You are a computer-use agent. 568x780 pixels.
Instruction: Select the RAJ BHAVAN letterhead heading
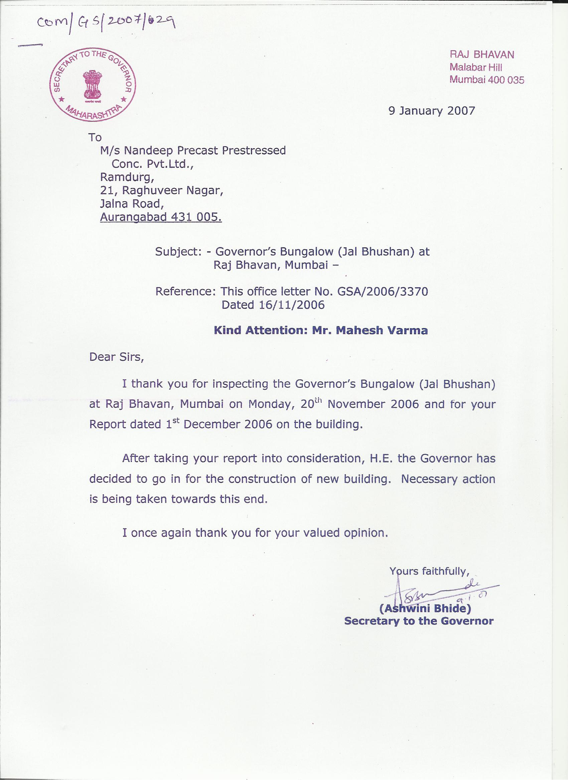(x=482, y=54)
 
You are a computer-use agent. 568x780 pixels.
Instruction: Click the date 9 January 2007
(x=432, y=111)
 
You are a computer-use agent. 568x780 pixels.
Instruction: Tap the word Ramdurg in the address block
(x=127, y=178)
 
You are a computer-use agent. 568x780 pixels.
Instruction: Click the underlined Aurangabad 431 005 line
(x=161, y=217)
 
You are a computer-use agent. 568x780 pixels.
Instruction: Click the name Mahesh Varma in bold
(x=382, y=330)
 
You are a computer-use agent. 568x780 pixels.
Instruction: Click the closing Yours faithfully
(x=429, y=571)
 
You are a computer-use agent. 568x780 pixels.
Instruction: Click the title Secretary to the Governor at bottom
(x=419, y=621)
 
